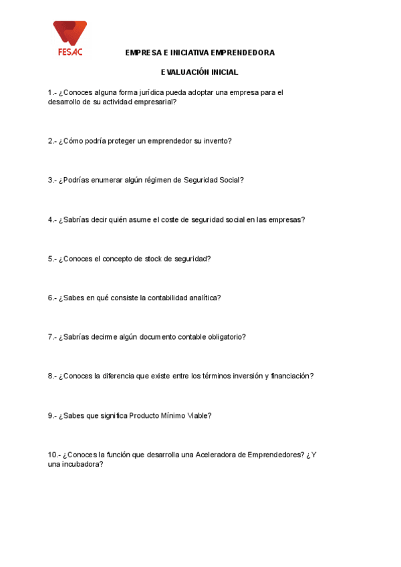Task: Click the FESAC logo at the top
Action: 70,37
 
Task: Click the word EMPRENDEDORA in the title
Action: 242,53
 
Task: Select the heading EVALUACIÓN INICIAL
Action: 200,72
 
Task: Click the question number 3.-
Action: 52,180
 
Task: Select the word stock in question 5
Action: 154,259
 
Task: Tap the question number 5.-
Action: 52,259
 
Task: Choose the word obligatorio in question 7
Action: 225,337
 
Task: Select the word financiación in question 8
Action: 291,376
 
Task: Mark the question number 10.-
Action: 54,455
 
